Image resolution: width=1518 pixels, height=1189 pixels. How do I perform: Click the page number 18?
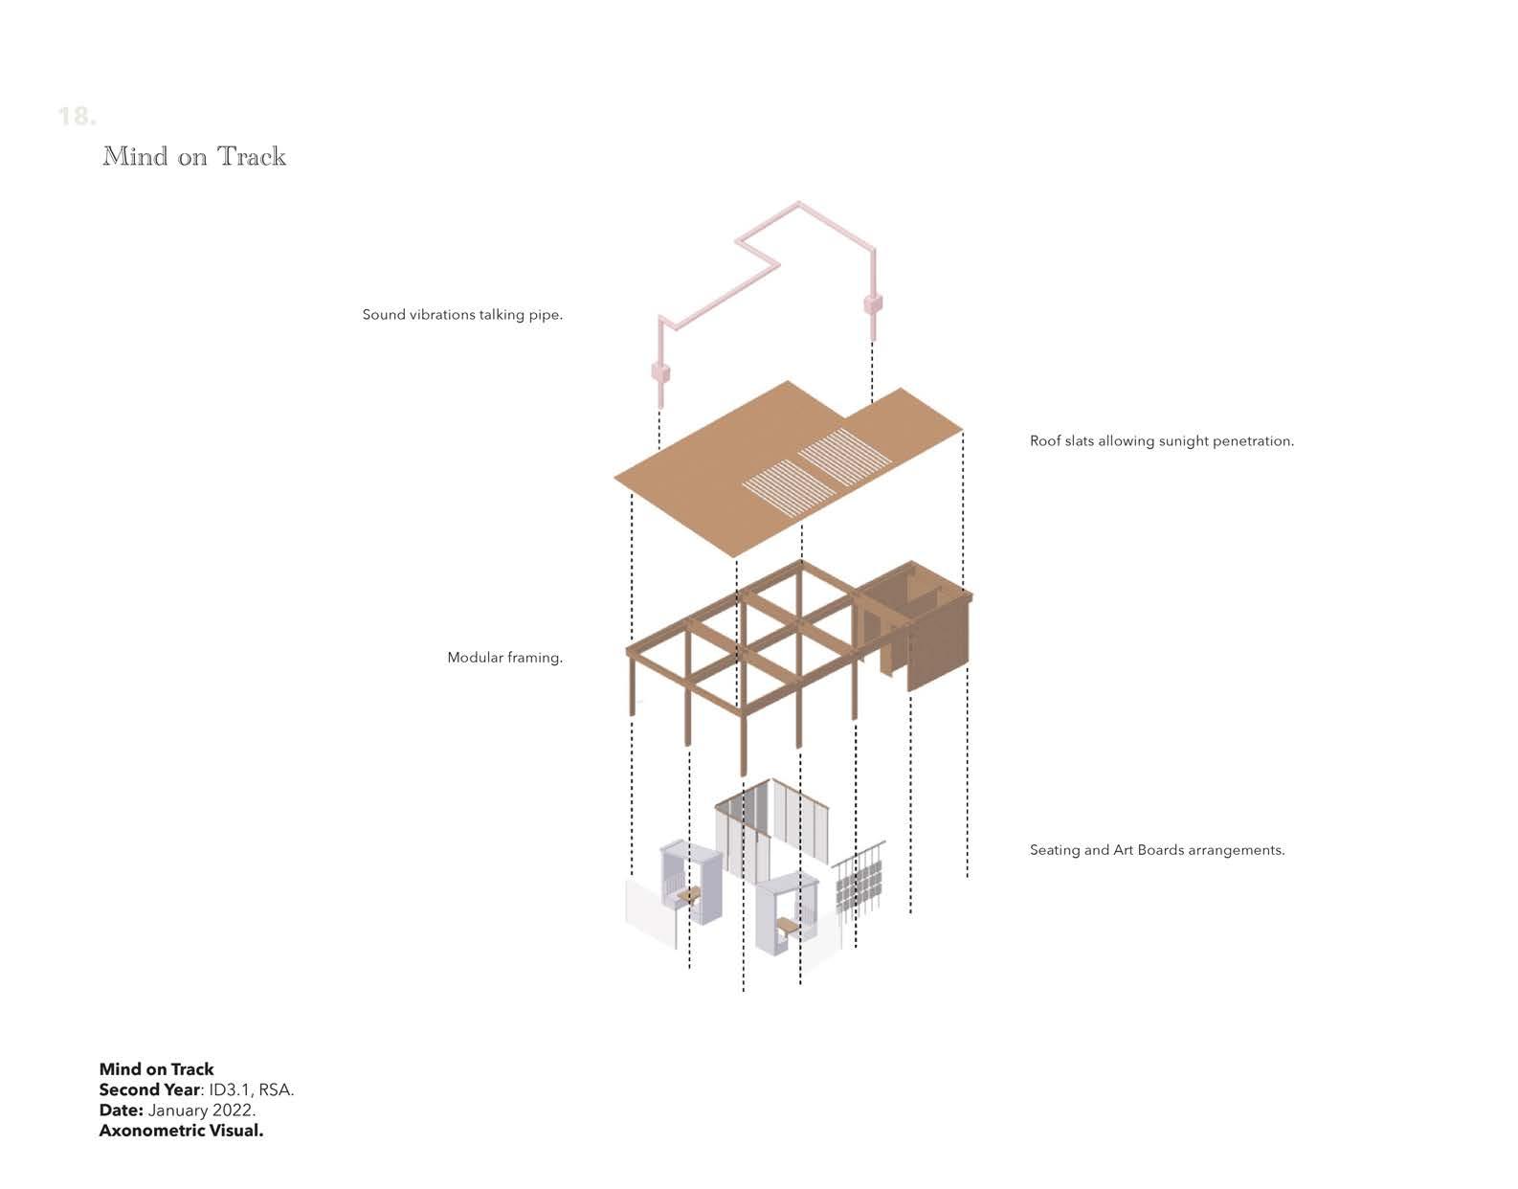click(x=77, y=117)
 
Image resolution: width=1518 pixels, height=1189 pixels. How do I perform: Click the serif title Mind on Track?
click(x=194, y=156)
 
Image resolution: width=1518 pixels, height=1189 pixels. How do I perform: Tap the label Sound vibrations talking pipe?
click(x=462, y=315)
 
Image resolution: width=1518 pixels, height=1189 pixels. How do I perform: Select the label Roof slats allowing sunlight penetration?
click(x=1161, y=441)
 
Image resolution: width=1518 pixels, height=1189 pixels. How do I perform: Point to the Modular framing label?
click(x=504, y=658)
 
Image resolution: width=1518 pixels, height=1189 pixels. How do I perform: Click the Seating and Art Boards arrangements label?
click(x=1156, y=850)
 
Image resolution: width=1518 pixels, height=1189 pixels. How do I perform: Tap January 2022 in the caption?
click(x=201, y=1110)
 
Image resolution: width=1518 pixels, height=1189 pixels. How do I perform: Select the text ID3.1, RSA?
click(x=251, y=1090)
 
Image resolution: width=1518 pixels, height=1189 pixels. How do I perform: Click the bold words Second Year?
click(x=149, y=1090)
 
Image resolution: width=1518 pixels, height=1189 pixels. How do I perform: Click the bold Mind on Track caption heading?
click(x=156, y=1069)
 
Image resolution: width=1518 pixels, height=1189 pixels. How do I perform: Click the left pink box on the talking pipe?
click(x=659, y=371)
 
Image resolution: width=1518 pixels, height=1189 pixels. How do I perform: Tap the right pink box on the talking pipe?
click(x=872, y=304)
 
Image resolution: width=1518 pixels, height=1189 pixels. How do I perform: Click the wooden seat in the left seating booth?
click(x=688, y=895)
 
